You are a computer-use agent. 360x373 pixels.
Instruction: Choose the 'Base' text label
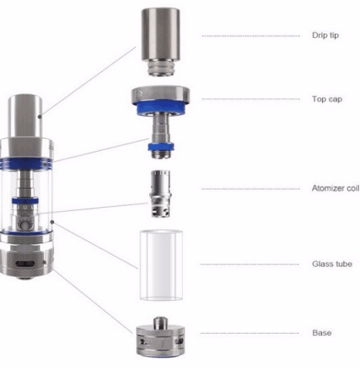(x=321, y=332)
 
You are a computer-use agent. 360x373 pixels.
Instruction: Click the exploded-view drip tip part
(x=160, y=33)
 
